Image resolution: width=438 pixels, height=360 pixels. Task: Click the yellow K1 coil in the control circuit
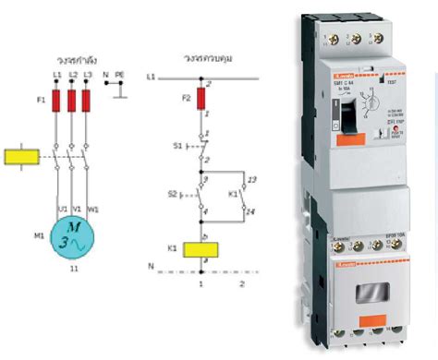click(201, 250)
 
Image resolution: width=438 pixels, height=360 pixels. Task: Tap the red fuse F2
click(201, 100)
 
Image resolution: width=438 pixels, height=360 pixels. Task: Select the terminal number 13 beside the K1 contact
click(253, 176)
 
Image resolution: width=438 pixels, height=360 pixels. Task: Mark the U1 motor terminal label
click(62, 208)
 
